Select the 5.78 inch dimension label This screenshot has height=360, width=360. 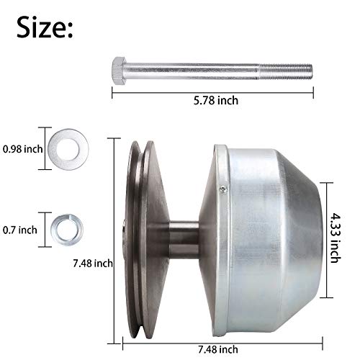click(x=213, y=101)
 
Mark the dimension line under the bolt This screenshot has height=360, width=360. click(x=213, y=89)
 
